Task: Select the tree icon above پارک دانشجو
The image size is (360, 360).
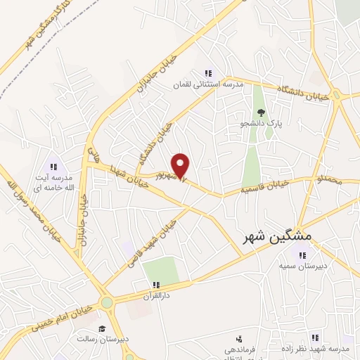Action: click(262, 111)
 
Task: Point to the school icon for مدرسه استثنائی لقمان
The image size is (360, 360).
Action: click(207, 73)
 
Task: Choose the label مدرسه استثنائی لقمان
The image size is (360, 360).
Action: click(208, 84)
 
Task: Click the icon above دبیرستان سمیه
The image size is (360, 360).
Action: click(301, 255)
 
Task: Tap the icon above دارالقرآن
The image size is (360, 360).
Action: click(155, 285)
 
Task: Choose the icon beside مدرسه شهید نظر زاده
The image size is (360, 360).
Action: click(316, 337)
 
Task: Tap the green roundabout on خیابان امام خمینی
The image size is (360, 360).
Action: click(107, 304)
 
